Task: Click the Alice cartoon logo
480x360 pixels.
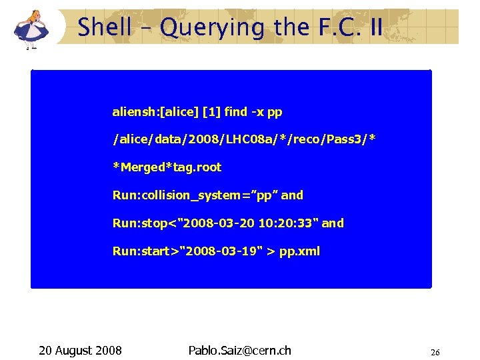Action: click(31, 27)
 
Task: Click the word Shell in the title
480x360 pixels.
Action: click(104, 28)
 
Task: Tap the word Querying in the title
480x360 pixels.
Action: click(204, 28)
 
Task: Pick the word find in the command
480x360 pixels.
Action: click(236, 111)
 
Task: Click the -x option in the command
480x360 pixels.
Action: click(257, 111)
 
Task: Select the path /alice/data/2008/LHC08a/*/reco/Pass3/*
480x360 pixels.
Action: click(244, 139)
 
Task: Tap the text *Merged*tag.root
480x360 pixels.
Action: click(167, 167)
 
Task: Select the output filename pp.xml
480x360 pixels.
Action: click(299, 251)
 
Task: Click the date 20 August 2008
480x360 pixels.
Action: click(80, 350)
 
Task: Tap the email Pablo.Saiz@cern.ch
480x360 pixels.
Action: click(240, 350)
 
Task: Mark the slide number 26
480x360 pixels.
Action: click(435, 352)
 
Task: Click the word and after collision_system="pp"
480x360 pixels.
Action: click(292, 195)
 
